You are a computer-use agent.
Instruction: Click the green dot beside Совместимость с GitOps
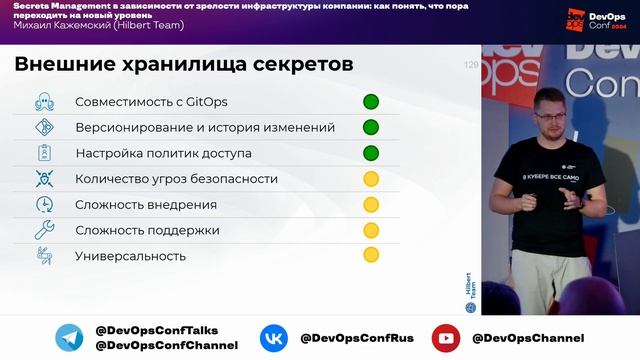click(370, 101)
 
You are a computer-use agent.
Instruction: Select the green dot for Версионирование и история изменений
click(370, 127)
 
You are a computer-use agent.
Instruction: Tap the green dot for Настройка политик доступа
click(370, 153)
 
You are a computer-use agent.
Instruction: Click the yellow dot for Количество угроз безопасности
click(370, 179)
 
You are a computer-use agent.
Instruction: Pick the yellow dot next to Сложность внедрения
click(370, 205)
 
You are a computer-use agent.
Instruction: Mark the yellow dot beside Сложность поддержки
click(370, 230)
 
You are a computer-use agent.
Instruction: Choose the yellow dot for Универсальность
click(370, 256)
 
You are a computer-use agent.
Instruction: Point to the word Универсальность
click(130, 256)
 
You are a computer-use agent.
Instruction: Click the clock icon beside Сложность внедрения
click(44, 204)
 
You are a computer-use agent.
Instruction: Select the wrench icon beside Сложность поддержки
click(44, 230)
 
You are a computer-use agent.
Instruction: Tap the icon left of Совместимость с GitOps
click(44, 101)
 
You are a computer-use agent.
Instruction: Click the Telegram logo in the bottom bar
click(69, 338)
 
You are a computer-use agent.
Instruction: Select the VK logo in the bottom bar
click(274, 338)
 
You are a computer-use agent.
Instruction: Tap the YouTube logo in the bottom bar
click(445, 338)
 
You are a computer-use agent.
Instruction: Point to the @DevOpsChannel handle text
click(527, 338)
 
